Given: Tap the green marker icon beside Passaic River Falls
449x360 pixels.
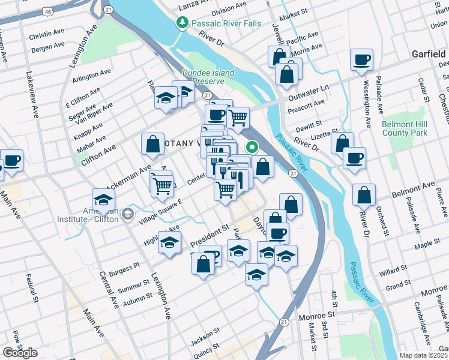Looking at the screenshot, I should point(182,23).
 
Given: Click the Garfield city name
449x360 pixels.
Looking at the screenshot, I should point(427,54).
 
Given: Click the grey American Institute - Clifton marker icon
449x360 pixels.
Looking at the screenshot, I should point(127,214).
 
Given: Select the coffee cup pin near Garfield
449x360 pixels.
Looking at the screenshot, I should point(362,61).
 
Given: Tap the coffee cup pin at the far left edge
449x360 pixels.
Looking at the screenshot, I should point(12,161).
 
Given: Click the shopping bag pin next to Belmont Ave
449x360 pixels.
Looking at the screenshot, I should point(364,196).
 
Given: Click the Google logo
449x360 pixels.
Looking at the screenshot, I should point(20,352).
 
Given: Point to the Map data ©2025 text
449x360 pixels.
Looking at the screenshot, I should point(423,355).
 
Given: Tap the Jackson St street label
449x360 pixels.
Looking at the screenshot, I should point(202,341).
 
